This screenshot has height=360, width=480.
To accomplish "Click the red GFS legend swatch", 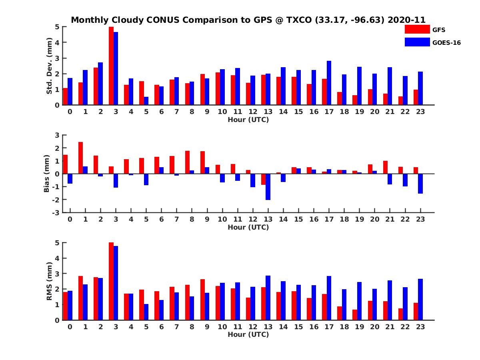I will click(x=417, y=29).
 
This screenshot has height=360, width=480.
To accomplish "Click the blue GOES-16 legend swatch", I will click(x=417, y=42).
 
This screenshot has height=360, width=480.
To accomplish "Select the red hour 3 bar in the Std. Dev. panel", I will click(x=111, y=66).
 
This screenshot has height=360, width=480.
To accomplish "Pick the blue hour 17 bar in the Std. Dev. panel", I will click(x=329, y=83).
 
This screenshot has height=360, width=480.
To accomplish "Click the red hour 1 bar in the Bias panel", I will click(x=80, y=158).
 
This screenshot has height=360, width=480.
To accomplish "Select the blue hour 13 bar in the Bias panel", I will click(x=268, y=187).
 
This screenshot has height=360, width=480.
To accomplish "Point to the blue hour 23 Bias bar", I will click(x=420, y=184).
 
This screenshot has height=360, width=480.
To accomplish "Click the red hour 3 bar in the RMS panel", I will click(x=111, y=281).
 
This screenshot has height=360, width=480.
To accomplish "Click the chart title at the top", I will click(x=248, y=20).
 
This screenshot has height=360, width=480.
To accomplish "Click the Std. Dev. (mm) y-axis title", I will click(x=50, y=66).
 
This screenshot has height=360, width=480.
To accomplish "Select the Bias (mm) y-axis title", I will click(x=47, y=173).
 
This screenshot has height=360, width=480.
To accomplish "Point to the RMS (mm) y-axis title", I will click(x=50, y=281).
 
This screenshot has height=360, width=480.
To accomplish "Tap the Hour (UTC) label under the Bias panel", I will click(x=248, y=227).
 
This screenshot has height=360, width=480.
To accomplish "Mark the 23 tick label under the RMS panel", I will click(x=420, y=326).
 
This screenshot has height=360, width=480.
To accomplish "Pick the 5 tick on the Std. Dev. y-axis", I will click(x=58, y=27).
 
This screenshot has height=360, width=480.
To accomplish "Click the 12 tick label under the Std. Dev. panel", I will click(x=252, y=112).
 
